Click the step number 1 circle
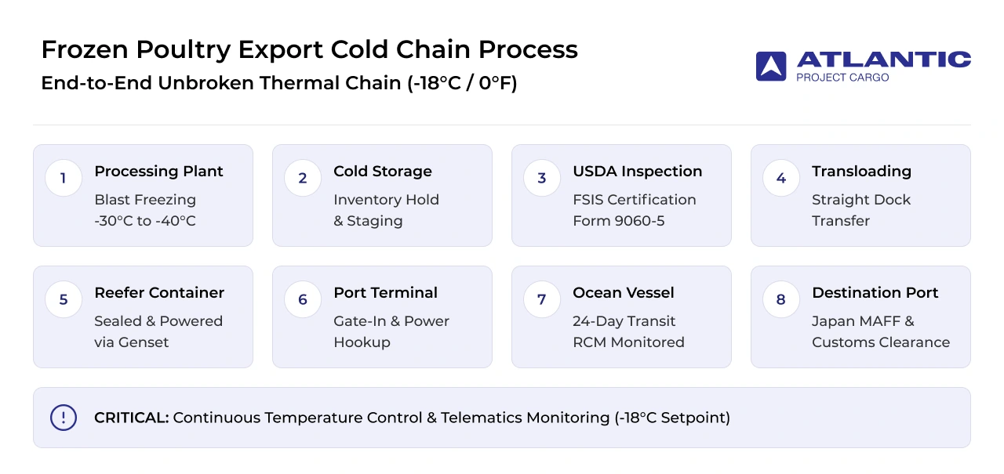tap(64, 178)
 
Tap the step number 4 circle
tap(781, 178)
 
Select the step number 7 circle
tap(542, 299)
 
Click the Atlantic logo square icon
tap(771, 67)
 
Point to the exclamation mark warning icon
tap(64, 418)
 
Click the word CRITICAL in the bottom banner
tap(131, 418)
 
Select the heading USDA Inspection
tap(638, 172)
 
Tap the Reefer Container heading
tap(159, 293)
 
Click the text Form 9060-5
tap(619, 221)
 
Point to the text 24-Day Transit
tap(624, 321)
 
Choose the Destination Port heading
tap(875, 293)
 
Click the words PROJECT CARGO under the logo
tap(842, 78)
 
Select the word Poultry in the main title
tap(184, 49)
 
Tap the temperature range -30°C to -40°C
tap(145, 221)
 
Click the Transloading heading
tap(861, 172)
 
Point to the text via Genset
tap(131, 342)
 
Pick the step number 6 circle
tap(303, 299)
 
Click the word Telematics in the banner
tap(481, 418)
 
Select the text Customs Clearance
tap(881, 342)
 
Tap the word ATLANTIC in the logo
tap(884, 60)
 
